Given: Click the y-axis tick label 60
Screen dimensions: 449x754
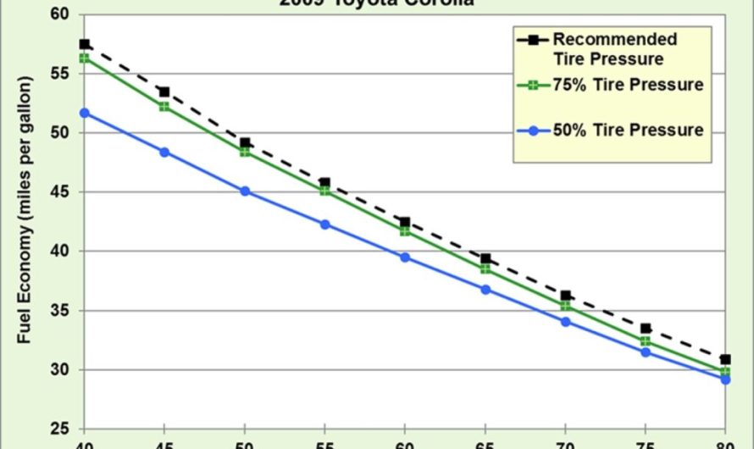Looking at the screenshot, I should (x=64, y=15).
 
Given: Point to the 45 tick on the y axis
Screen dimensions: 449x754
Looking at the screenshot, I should (x=64, y=192).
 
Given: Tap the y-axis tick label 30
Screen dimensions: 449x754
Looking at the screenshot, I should (x=64, y=370).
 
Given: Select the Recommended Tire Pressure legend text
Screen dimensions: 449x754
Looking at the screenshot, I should (x=614, y=49).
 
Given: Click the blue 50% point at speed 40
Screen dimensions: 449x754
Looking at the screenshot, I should (x=84, y=113).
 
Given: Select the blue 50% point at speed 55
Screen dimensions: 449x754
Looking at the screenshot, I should (x=325, y=224).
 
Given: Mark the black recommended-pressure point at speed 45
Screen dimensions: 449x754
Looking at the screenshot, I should (x=164, y=91).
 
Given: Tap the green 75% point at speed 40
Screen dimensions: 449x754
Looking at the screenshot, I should (x=84, y=58).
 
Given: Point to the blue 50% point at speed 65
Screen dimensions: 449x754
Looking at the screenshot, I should (x=485, y=290).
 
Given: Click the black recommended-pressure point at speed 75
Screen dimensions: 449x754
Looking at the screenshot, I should (x=646, y=328).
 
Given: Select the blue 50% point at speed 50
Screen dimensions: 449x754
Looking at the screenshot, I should (x=245, y=191).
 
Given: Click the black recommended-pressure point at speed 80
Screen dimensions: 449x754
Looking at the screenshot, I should (x=725, y=359).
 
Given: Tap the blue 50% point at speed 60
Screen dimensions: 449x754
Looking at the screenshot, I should (x=405, y=257).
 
